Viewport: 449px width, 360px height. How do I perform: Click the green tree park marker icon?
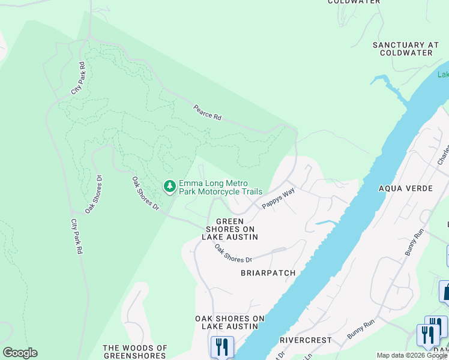pos(170,187)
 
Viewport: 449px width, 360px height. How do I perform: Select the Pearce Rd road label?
pos(207,113)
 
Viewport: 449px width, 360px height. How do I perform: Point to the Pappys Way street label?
pos(278,199)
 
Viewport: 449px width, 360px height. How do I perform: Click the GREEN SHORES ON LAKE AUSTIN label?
pos(229,229)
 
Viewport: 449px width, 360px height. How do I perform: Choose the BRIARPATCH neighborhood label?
pos(268,273)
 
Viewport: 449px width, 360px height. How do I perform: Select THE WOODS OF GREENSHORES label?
pos(135,352)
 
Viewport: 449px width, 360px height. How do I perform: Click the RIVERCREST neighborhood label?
pos(306,340)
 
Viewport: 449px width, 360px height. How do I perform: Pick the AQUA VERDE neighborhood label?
pos(405,188)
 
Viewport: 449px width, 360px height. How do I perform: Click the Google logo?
pos(20,353)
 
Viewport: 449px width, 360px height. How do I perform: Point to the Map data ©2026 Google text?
pos(412,356)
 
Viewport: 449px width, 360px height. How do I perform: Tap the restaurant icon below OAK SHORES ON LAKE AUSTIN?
pos(222,347)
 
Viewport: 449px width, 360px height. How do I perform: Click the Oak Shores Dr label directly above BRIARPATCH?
pos(234,254)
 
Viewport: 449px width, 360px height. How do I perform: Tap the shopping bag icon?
pos(447,292)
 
